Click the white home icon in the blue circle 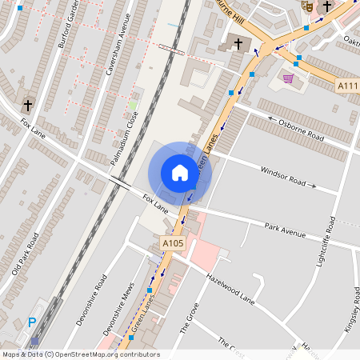point(180,173)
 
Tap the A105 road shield point(173,243)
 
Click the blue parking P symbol point(32,322)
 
